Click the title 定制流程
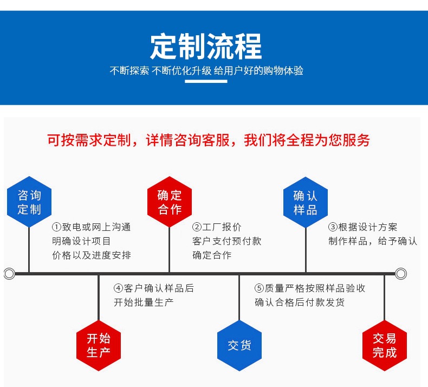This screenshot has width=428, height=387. [206, 47]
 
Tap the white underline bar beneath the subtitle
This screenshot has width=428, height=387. [206, 82]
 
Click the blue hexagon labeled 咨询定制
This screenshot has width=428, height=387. [29, 202]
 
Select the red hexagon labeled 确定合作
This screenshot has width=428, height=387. [170, 202]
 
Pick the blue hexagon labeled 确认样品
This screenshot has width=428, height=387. [306, 202]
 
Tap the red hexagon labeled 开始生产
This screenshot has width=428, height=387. [98, 345]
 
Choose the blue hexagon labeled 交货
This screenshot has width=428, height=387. [239, 345]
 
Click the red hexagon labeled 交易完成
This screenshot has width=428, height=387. [384, 345]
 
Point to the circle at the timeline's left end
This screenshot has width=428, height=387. [9, 274]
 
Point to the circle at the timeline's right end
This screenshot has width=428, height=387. [401, 274]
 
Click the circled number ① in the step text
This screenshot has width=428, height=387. [56, 227]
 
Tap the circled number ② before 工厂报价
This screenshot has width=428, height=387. [197, 227]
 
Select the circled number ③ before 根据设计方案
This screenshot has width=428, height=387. [333, 227]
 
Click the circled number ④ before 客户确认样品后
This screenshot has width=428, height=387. [118, 288]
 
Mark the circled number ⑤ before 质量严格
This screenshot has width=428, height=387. [260, 288]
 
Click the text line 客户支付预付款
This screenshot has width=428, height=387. [226, 241]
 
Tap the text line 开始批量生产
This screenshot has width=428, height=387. [143, 302]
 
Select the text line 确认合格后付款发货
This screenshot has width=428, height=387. [299, 302]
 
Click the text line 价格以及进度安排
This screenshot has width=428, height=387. [91, 255]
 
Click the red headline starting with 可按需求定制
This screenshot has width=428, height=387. [208, 140]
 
